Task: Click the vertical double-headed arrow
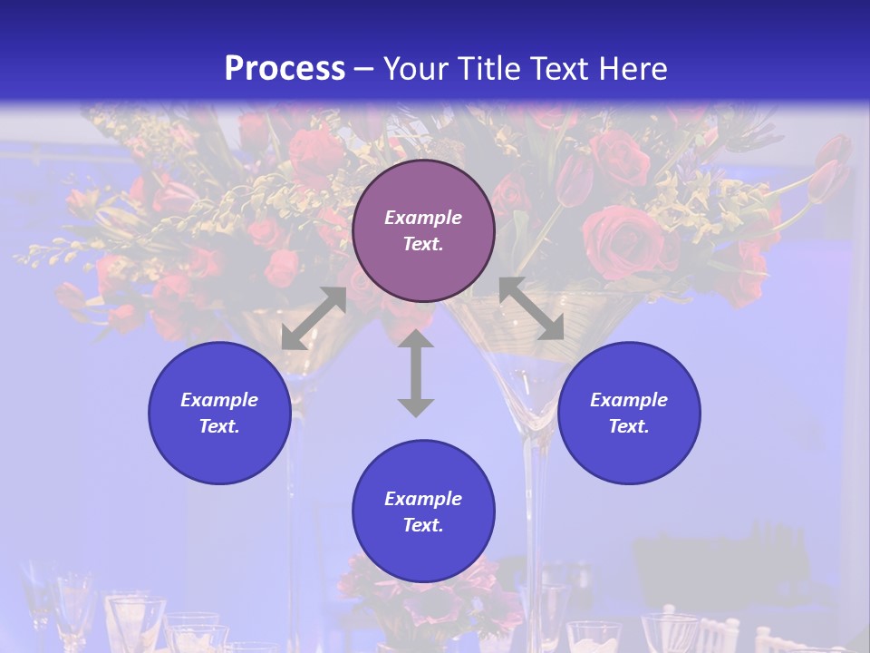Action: coord(416,373)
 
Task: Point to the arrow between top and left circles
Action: coord(314,318)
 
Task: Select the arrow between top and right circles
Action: coord(532,308)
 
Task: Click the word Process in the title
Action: coord(285,68)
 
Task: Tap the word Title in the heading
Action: coord(490,69)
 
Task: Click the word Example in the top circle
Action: coord(423,218)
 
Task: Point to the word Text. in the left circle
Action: coord(219,426)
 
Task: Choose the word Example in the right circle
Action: coord(629,400)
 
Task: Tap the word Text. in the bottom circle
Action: coord(423,525)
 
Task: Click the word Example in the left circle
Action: coord(219,400)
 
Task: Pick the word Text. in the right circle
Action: coord(629,426)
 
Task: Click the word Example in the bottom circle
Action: coord(423,499)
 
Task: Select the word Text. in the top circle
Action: coord(423,244)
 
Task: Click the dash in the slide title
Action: coord(364,70)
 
